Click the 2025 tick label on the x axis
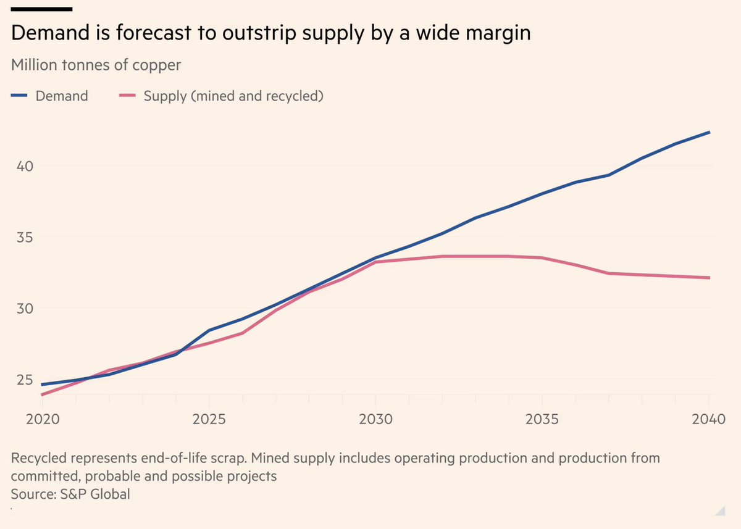(209, 420)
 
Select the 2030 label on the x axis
(375, 420)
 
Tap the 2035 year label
(542, 420)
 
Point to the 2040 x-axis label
(708, 420)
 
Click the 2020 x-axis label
(43, 420)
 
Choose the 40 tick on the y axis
(23, 167)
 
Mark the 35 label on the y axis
(23, 238)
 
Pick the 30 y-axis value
(23, 309)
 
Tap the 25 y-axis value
(23, 380)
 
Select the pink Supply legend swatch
(127, 96)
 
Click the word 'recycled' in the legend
(293, 96)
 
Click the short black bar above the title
(41, 9)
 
